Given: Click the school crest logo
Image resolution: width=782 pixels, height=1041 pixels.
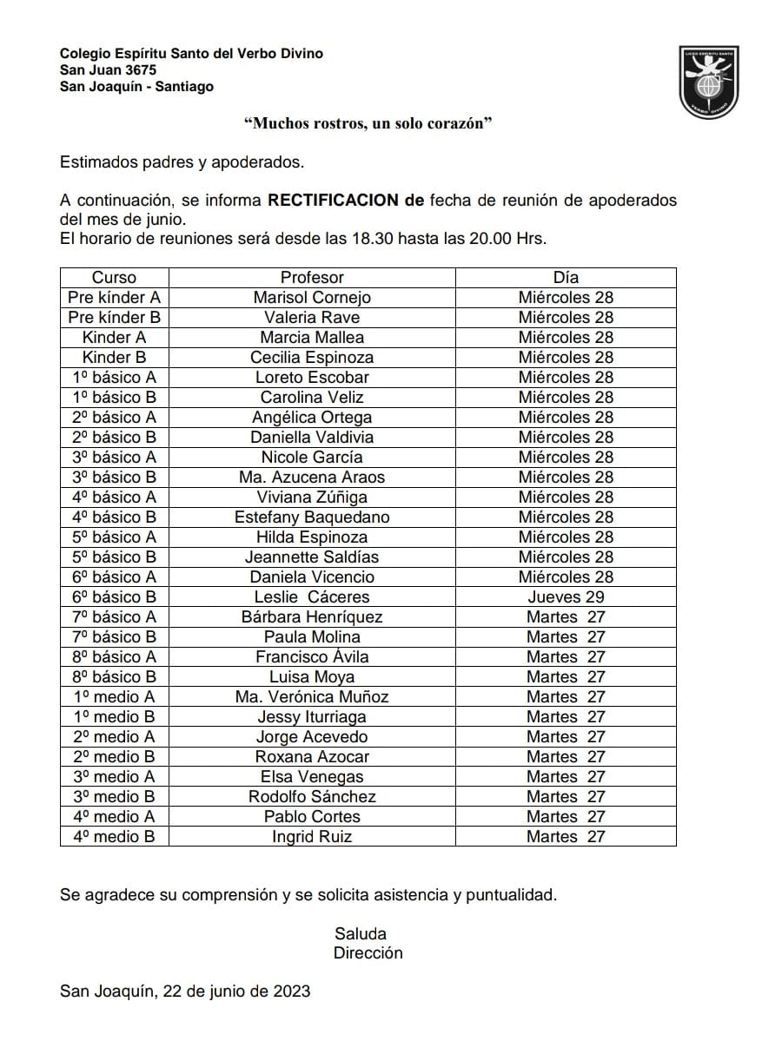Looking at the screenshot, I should [709, 82].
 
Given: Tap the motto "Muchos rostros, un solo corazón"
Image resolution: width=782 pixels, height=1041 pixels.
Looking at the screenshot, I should [368, 124].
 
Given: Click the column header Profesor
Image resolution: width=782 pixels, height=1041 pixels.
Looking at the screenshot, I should [312, 278].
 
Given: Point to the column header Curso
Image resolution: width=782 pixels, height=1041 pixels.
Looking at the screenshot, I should [114, 278].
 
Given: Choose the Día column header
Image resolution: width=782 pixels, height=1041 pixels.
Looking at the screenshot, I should [566, 278].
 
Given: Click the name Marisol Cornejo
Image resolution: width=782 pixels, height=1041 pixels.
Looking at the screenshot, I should [312, 298].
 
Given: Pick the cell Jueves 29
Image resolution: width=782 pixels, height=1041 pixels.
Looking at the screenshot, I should [566, 597].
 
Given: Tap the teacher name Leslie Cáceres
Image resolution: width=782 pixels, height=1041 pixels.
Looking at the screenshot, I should [312, 597].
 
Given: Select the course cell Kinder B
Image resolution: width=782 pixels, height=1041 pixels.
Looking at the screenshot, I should [114, 358].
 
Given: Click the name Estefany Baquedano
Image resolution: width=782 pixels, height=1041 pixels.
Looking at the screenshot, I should [312, 517].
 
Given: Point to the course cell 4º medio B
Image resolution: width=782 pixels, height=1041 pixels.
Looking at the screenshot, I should [114, 837].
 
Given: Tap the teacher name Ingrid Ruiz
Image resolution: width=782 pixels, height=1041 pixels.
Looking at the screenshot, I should [312, 837].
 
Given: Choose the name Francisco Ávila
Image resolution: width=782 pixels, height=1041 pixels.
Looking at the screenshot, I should [312, 657].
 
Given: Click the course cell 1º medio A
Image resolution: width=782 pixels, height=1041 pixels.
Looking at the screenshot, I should [114, 697].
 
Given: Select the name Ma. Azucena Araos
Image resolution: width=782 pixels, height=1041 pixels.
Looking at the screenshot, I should [312, 478].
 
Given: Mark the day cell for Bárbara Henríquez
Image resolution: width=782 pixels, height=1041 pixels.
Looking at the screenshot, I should [566, 617].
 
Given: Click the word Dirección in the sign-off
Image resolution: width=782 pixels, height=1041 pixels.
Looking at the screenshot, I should [368, 953].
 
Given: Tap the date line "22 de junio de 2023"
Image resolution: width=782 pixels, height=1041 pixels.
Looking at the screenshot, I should [235, 992].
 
